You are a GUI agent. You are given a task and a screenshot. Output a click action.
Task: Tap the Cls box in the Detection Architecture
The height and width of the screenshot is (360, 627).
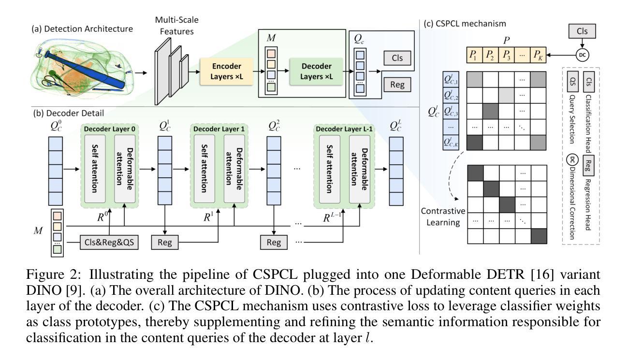tap(397, 58)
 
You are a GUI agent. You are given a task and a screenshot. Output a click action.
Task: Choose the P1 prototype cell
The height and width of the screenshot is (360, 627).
tap(477, 54)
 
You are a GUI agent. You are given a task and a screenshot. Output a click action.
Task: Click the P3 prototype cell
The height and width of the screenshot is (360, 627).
tap(507, 54)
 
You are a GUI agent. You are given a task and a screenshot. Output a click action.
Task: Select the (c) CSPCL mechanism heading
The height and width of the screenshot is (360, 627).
tap(452, 23)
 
